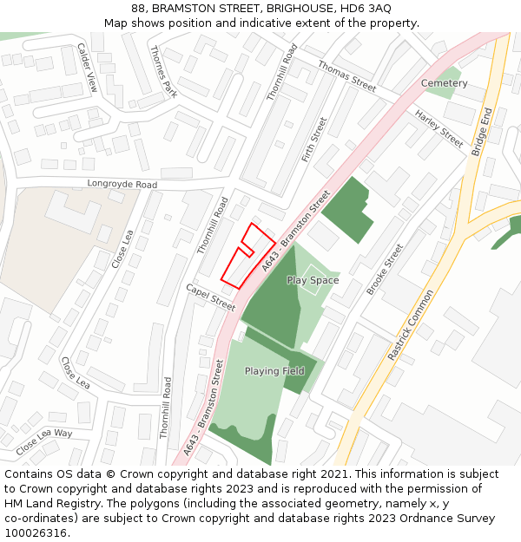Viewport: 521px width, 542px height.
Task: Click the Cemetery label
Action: point(444,83)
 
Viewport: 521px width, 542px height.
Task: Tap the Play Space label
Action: point(313,281)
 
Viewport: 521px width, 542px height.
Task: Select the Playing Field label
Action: point(274,371)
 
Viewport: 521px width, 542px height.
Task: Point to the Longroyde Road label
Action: point(122,185)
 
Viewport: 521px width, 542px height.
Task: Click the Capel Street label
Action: point(211,297)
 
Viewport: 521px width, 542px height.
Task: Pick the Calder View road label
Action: point(88,68)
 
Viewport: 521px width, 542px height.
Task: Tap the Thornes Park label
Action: point(163,70)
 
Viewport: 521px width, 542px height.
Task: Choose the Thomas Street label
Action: point(346,76)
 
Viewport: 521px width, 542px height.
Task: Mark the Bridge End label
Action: point(482,132)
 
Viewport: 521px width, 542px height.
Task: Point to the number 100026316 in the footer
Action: point(36,533)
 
